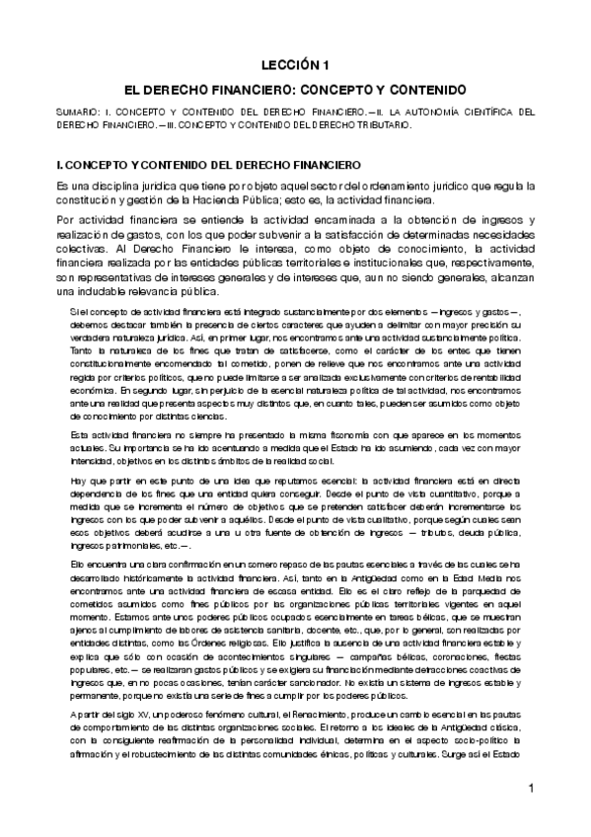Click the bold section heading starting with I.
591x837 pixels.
pyautogui.click(x=209, y=163)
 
